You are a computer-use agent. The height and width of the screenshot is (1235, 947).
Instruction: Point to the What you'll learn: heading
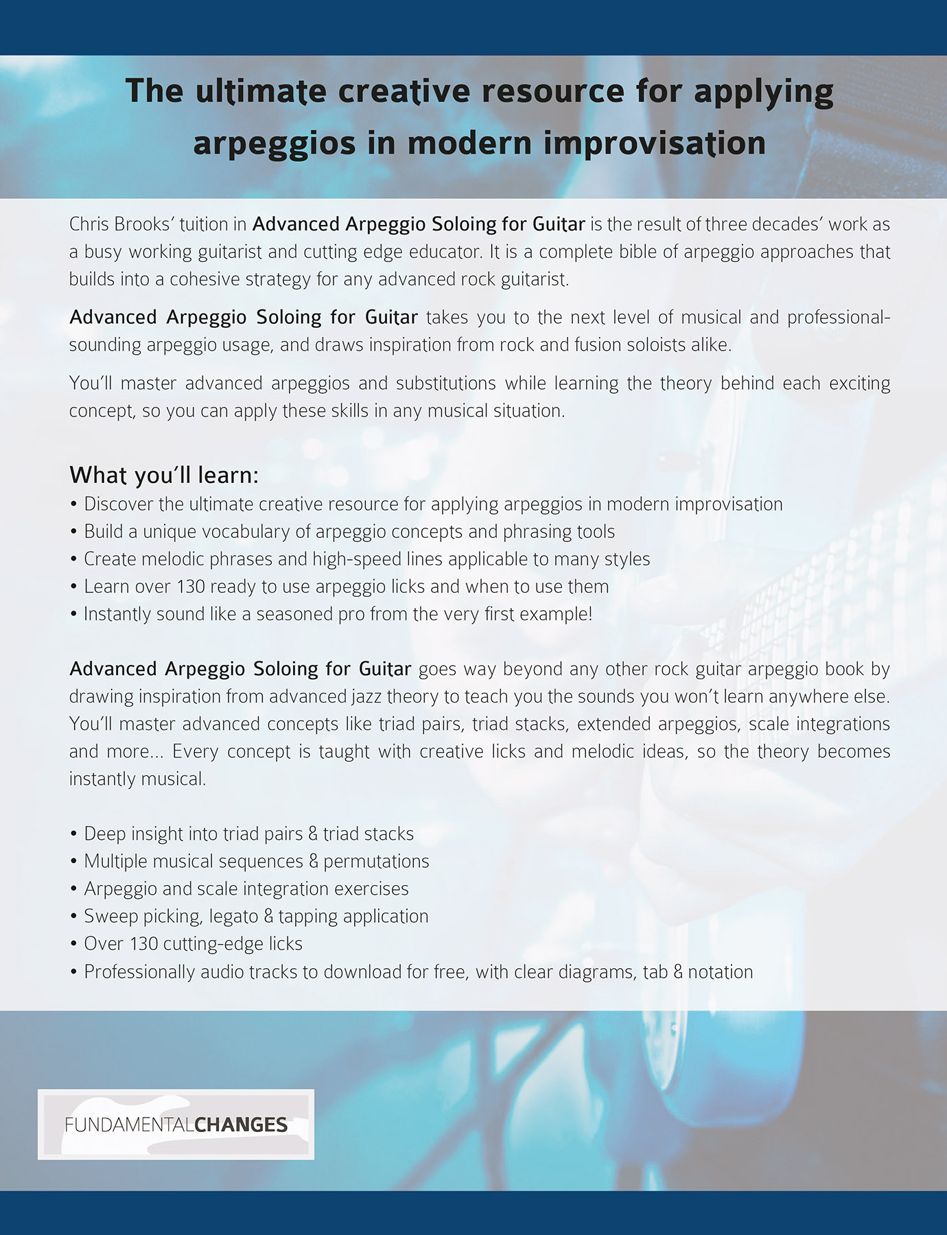[x=164, y=475]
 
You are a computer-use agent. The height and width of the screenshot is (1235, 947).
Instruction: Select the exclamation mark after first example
[x=589, y=613]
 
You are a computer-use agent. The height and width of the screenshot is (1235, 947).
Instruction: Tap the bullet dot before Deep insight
[x=73, y=835]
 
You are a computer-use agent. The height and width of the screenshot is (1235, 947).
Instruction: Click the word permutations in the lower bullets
[x=376, y=862]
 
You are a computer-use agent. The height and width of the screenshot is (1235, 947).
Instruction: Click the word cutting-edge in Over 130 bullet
[x=207, y=944]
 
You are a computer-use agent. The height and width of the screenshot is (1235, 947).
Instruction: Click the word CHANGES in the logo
[x=241, y=1125]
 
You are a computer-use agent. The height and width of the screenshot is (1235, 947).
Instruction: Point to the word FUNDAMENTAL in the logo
[x=129, y=1125]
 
